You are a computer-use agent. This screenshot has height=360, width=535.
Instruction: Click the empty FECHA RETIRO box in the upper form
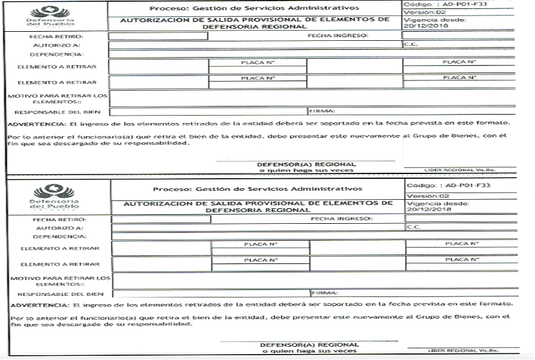[x=158, y=36]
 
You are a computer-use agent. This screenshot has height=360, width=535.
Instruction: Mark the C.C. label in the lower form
[x=414, y=227]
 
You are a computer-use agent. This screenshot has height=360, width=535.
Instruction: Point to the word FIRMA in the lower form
[x=325, y=293]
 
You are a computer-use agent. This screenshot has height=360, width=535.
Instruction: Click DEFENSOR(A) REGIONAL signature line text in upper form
[x=306, y=164]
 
